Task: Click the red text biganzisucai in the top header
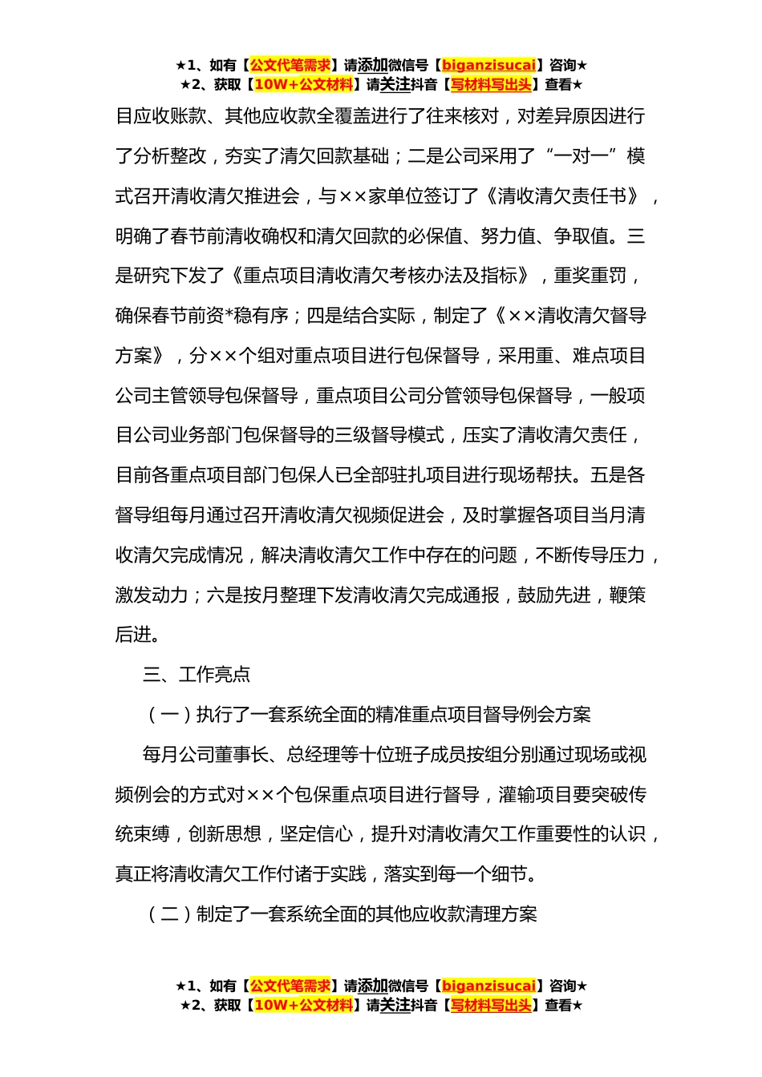[488, 65]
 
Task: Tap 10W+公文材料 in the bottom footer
[303, 1005]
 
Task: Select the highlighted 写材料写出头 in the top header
[491, 84]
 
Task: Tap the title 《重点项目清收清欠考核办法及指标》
[380, 276]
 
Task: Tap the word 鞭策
[627, 595]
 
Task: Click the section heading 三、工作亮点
[197, 674]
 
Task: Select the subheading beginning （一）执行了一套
[367, 714]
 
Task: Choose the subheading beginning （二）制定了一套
[340, 914]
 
